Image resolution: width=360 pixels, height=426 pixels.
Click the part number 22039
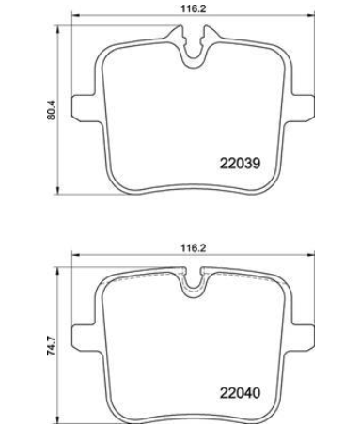point(240,163)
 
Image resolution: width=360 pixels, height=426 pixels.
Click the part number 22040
point(240,392)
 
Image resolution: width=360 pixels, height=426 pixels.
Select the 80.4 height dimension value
point(51,110)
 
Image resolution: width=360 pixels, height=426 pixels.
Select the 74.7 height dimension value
point(51,345)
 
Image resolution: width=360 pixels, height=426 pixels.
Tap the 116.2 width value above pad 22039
point(193,8)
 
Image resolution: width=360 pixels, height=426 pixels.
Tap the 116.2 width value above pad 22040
point(193,248)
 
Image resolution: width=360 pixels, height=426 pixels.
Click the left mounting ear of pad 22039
point(84,107)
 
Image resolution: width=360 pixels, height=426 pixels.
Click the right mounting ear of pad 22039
point(302,107)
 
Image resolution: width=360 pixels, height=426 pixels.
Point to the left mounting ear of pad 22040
point(84,338)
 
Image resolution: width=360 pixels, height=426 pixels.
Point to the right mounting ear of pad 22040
point(302,338)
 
